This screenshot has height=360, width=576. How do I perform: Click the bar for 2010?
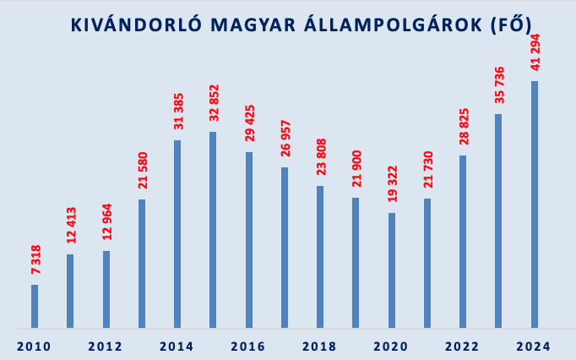35,306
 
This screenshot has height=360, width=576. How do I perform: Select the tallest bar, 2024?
534,204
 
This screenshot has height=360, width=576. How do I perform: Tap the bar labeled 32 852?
213,229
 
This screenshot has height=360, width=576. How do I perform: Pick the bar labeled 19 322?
392,270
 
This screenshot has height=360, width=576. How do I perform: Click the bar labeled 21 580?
142,263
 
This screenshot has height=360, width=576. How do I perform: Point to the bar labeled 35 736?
498,221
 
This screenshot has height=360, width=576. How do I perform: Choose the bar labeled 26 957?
285,247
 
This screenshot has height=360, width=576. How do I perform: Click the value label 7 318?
35,259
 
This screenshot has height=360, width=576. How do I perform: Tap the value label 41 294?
534,52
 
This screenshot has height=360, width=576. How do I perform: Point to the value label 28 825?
463,128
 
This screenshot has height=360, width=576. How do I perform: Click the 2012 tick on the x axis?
106,346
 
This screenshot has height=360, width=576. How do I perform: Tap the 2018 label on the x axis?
320,346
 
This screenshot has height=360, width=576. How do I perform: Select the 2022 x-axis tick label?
463,346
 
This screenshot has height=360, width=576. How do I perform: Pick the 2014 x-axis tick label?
177,346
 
